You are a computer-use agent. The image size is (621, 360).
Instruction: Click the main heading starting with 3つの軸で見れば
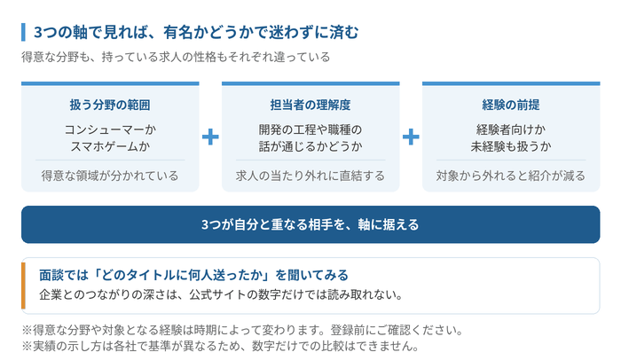click(196, 32)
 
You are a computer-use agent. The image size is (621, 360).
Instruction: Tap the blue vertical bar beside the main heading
click(23, 32)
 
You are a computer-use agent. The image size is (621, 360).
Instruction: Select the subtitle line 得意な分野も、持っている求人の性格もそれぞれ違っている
click(176, 57)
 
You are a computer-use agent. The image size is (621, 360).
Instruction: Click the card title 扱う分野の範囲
click(110, 105)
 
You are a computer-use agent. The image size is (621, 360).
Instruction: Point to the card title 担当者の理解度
click(310, 105)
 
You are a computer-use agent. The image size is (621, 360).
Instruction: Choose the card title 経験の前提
click(511, 105)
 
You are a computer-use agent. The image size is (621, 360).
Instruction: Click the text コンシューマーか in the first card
click(110, 129)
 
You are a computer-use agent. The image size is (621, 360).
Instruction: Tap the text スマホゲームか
click(110, 146)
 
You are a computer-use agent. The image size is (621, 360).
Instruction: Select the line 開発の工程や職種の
click(310, 129)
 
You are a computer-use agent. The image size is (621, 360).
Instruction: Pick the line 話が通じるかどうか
click(310, 146)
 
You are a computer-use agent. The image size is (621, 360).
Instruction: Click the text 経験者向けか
click(511, 129)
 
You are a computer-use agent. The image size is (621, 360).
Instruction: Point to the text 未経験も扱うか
click(511, 146)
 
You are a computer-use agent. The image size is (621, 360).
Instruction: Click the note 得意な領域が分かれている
click(110, 176)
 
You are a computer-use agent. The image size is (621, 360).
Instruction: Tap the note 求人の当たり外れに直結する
click(310, 176)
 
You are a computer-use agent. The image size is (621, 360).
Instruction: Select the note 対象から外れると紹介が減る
click(511, 176)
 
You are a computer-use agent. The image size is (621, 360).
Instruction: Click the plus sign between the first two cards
click(210, 137)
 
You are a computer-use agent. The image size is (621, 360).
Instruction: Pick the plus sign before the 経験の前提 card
click(411, 137)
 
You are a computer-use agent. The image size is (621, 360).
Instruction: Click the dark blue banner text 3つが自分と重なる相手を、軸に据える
click(310, 224)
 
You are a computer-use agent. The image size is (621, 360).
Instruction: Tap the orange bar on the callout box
click(23, 286)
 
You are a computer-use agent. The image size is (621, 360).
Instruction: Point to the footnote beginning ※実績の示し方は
click(220, 346)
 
